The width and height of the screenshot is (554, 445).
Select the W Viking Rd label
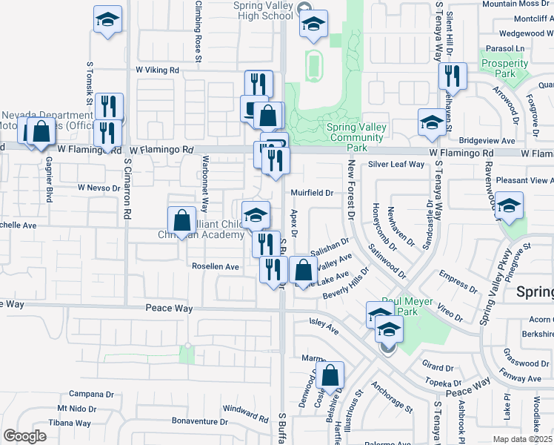pyautogui.click(x=157, y=70)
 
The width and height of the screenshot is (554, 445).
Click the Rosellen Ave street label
pyautogui.click(x=216, y=266)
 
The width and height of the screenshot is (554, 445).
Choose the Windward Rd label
pyautogui.click(x=244, y=409)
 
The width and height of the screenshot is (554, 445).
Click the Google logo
pyautogui.click(x=24, y=435)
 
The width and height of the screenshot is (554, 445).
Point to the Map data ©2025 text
pyautogui.click(x=522, y=439)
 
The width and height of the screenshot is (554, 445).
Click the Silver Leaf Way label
pyautogui.click(x=396, y=164)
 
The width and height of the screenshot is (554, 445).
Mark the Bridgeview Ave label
pyautogui.click(x=487, y=139)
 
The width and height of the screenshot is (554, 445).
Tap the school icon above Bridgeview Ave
pyautogui.click(x=432, y=122)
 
